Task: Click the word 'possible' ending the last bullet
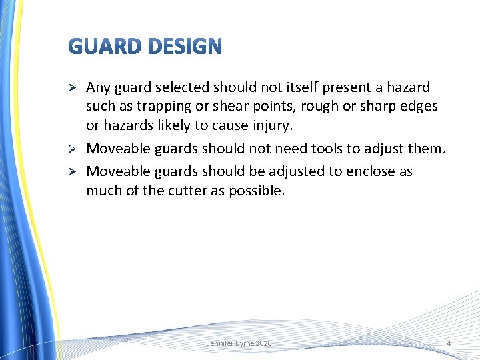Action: pos(257,191)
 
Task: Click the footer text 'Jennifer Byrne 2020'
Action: pos(239,343)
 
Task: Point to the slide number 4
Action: pos(449,343)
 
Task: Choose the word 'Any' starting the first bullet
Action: pos(98,87)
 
